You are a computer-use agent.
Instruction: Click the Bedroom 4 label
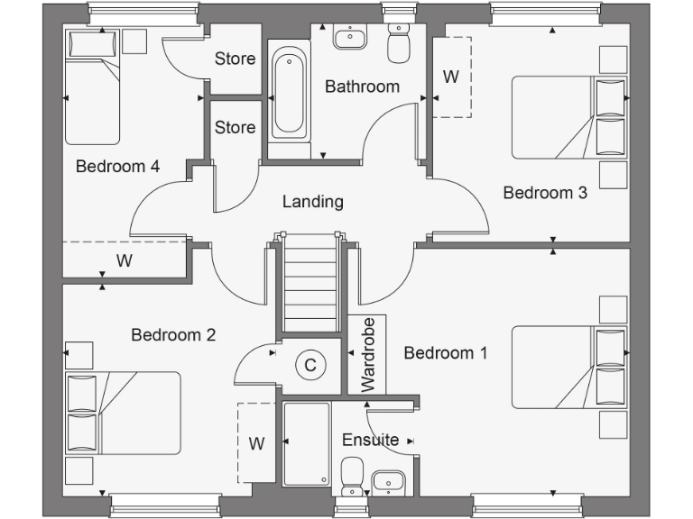pos(117,166)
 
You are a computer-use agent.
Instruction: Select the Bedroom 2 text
pos(173,335)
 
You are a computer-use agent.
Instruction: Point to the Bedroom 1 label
pos(446,352)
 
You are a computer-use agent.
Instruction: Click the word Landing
pos(313,201)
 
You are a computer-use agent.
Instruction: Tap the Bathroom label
pos(362,86)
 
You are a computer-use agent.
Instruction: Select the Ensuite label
pos(370,440)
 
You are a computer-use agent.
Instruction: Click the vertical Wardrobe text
pos(368,354)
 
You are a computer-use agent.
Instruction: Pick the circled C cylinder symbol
pos(310,365)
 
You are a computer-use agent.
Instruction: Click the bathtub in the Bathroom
pos(289,93)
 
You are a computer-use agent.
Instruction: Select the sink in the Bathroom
pos(348,38)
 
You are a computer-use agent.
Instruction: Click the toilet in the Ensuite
pos(353,475)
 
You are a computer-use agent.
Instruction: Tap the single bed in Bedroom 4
pos(92,88)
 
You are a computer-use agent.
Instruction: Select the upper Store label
pos(235,59)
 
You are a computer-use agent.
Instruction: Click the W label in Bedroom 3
pos(451,77)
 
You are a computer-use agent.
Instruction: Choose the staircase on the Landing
pos(310,284)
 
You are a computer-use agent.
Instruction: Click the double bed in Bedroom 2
pos(123,413)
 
